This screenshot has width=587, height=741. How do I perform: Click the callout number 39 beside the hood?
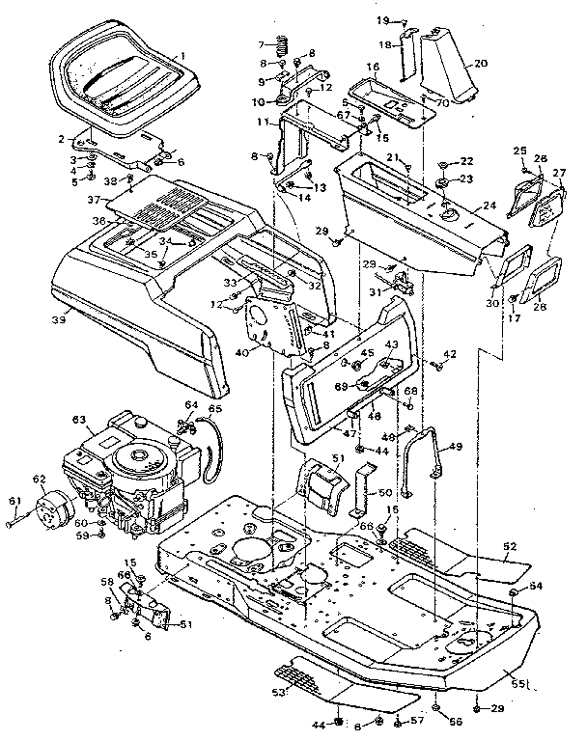(x=59, y=318)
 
